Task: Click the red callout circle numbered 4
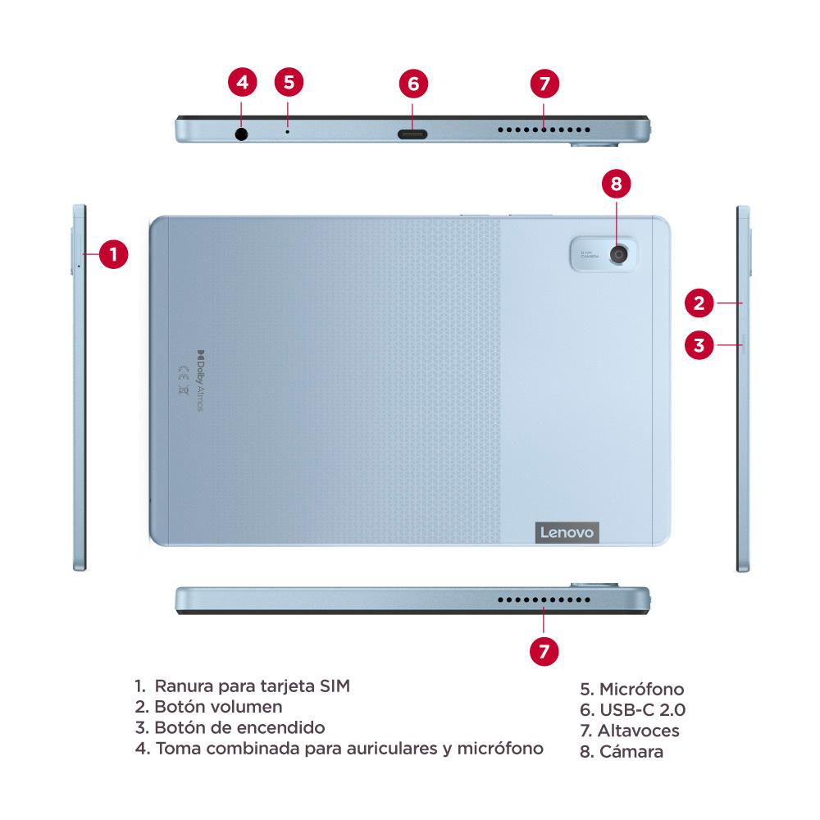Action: coord(241,83)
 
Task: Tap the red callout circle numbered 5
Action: coord(289,82)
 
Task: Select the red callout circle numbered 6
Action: coord(413,83)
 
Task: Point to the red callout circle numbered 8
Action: coord(617,184)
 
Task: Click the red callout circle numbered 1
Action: coord(114,254)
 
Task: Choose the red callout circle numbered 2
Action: coord(699,303)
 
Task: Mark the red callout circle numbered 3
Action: coord(699,344)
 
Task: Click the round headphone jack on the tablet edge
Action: coord(241,133)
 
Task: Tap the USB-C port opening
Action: coord(412,134)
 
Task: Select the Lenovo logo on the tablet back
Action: coord(567,532)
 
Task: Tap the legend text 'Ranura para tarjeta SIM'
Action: coord(252,686)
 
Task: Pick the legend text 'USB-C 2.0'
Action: coord(642,710)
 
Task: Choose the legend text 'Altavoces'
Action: coord(639,731)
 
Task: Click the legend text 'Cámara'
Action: coord(631,751)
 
